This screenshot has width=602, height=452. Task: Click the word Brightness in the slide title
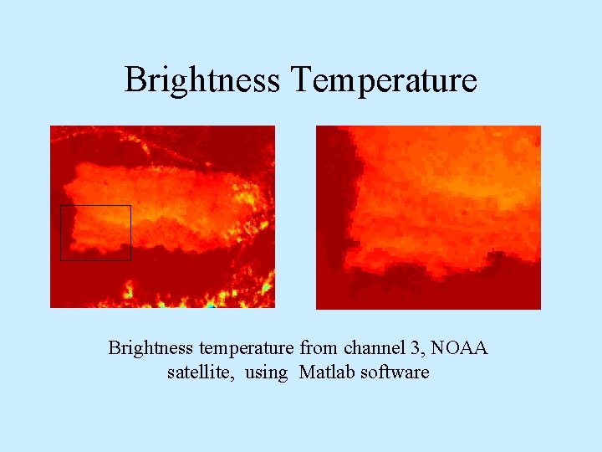pyautogui.click(x=202, y=80)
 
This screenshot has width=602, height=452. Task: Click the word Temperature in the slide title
pyautogui.click(x=384, y=80)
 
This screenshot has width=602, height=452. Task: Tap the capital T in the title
pyautogui.click(x=302, y=80)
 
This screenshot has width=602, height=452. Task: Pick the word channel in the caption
pyautogui.click(x=367, y=347)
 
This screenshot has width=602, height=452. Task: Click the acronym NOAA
pyautogui.click(x=458, y=347)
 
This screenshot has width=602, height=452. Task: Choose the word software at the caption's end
pyautogui.click(x=395, y=372)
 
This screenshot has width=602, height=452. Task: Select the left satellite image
pyautogui.click(x=162, y=216)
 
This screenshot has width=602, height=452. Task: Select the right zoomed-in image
pyautogui.click(x=428, y=217)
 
